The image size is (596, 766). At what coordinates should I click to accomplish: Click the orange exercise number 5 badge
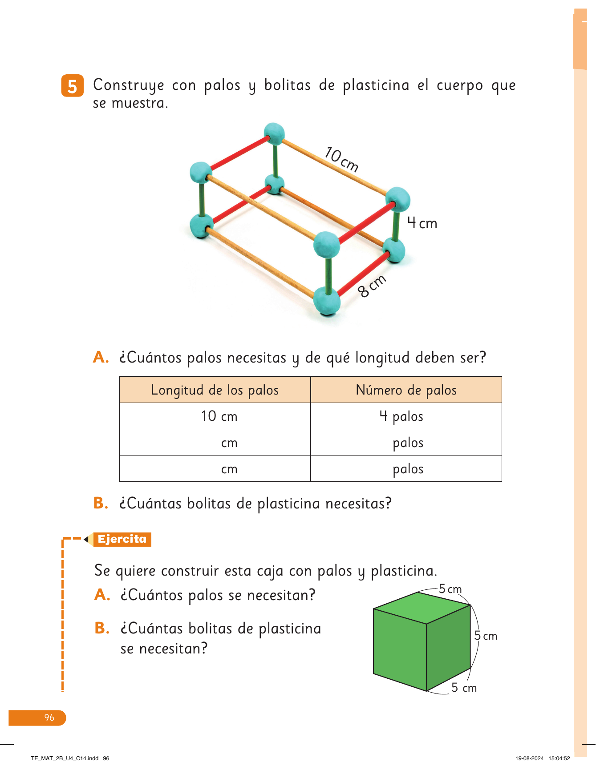72,86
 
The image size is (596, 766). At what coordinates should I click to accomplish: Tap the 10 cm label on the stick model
341,159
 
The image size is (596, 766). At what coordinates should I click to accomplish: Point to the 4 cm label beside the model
422,223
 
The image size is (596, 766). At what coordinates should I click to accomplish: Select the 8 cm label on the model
372,286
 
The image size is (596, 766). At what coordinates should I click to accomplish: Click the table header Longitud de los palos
215,390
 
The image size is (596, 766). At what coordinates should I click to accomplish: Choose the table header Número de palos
406,390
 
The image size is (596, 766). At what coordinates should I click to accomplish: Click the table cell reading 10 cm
219,416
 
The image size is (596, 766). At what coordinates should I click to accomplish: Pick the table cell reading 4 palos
401,416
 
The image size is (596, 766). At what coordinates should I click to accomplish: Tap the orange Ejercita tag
122,539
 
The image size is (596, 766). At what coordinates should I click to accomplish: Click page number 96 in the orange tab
49,718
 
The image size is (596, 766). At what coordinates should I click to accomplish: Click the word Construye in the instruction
129,85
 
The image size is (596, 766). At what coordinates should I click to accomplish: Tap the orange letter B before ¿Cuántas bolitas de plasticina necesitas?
101,503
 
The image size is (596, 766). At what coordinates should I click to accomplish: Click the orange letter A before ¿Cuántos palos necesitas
101,357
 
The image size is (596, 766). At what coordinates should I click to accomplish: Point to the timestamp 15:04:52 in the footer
559,758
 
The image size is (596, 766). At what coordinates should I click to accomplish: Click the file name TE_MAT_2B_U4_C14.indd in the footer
65,758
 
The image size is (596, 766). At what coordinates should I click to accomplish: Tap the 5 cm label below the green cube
464,688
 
